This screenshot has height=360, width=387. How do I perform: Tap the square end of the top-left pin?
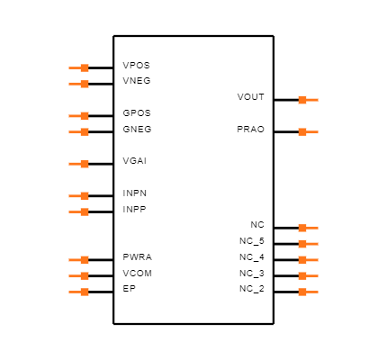point(85,67)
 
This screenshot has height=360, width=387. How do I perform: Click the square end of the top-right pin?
point(302,100)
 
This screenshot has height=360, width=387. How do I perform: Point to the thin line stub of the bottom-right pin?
point(313,292)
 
